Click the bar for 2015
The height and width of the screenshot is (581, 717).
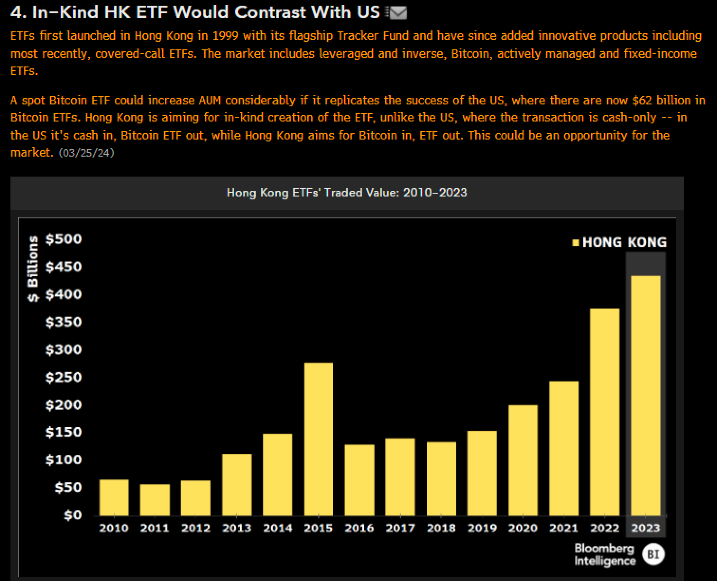click(x=318, y=439)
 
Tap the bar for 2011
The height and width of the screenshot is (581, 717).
click(x=155, y=500)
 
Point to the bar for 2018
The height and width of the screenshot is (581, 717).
click(x=441, y=478)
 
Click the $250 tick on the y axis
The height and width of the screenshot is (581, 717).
click(x=64, y=377)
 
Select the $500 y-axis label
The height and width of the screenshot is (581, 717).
click(x=64, y=239)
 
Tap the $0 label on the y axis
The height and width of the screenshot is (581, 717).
click(x=73, y=515)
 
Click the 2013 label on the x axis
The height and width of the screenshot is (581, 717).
click(x=237, y=528)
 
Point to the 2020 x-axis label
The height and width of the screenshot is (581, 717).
click(x=523, y=528)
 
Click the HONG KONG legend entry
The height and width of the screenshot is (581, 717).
click(x=619, y=242)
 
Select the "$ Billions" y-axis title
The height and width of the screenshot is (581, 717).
click(x=33, y=269)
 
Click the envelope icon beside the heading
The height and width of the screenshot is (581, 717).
click(x=397, y=13)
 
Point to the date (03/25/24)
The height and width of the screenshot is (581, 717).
click(x=86, y=153)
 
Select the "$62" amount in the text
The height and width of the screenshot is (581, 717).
click(x=642, y=100)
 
